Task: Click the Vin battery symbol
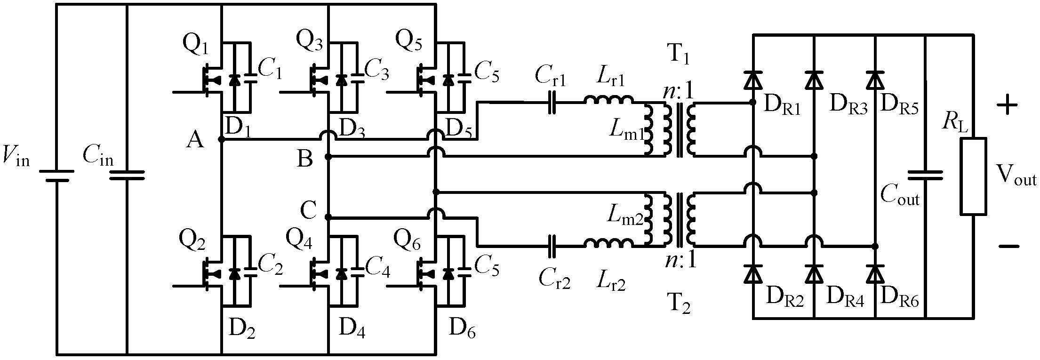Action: click(x=56, y=176)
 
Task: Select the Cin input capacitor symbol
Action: click(x=127, y=176)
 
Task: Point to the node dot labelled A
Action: click(x=221, y=140)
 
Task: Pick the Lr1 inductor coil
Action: click(x=608, y=100)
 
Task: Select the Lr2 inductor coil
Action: click(x=608, y=243)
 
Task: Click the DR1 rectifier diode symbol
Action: click(x=753, y=80)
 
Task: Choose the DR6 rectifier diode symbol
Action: click(x=875, y=273)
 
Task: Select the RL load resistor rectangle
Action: click(x=973, y=176)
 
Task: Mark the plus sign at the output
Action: click(x=1007, y=104)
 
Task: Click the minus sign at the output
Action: click(x=1007, y=246)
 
